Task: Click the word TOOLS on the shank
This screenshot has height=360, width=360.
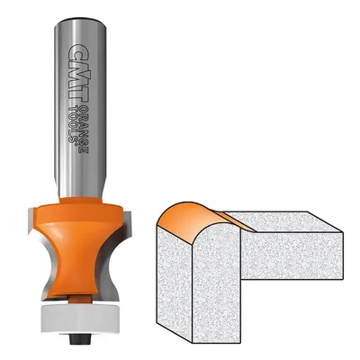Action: (73, 123)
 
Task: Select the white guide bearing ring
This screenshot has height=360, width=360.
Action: (80, 319)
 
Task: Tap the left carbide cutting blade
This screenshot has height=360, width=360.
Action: (37, 255)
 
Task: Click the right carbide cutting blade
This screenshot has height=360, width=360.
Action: (120, 255)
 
